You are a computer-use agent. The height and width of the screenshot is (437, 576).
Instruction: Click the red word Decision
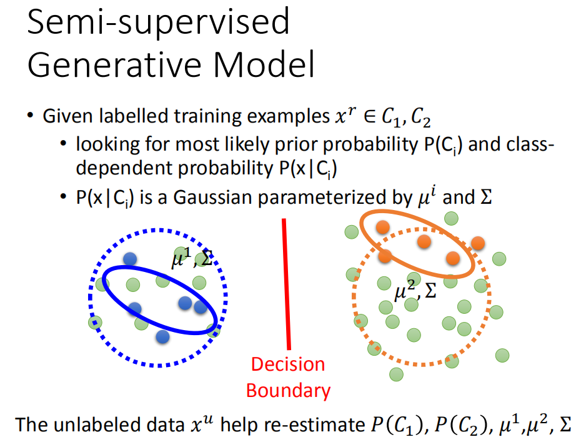[x=288, y=364]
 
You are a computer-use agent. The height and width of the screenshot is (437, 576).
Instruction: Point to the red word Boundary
[x=288, y=391]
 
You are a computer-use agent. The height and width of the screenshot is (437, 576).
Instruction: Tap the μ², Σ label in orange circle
[x=415, y=289]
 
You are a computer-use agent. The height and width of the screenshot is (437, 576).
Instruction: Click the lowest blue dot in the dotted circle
[x=162, y=337]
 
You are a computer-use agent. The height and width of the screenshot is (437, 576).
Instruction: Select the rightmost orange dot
[x=479, y=243]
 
